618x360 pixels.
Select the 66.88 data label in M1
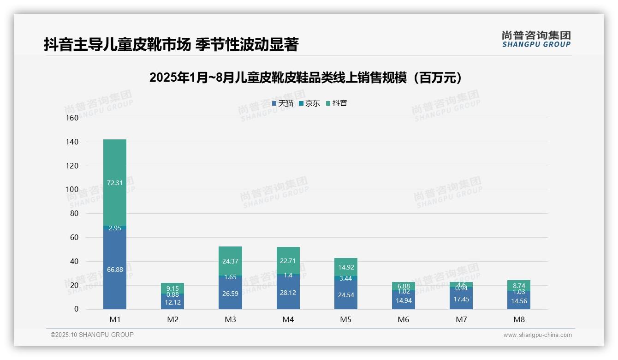coord(115,270)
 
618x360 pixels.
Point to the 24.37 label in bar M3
coord(230,261)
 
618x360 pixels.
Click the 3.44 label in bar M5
coord(346,278)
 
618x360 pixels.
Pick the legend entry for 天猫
coord(283,103)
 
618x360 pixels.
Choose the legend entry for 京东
coord(309,103)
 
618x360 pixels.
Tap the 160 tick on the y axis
coord(72,118)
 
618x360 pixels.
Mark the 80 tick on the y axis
coord(74,214)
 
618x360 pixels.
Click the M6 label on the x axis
coord(404,319)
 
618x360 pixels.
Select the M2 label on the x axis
coord(172,319)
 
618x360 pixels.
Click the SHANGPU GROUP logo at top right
coord(536,39)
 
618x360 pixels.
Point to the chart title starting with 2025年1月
coord(305,78)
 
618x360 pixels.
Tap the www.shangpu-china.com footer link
coord(537,335)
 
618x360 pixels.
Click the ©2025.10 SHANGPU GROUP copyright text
coord(92,335)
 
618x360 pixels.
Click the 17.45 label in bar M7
coord(461,299)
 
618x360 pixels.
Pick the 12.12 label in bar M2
coord(172,302)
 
